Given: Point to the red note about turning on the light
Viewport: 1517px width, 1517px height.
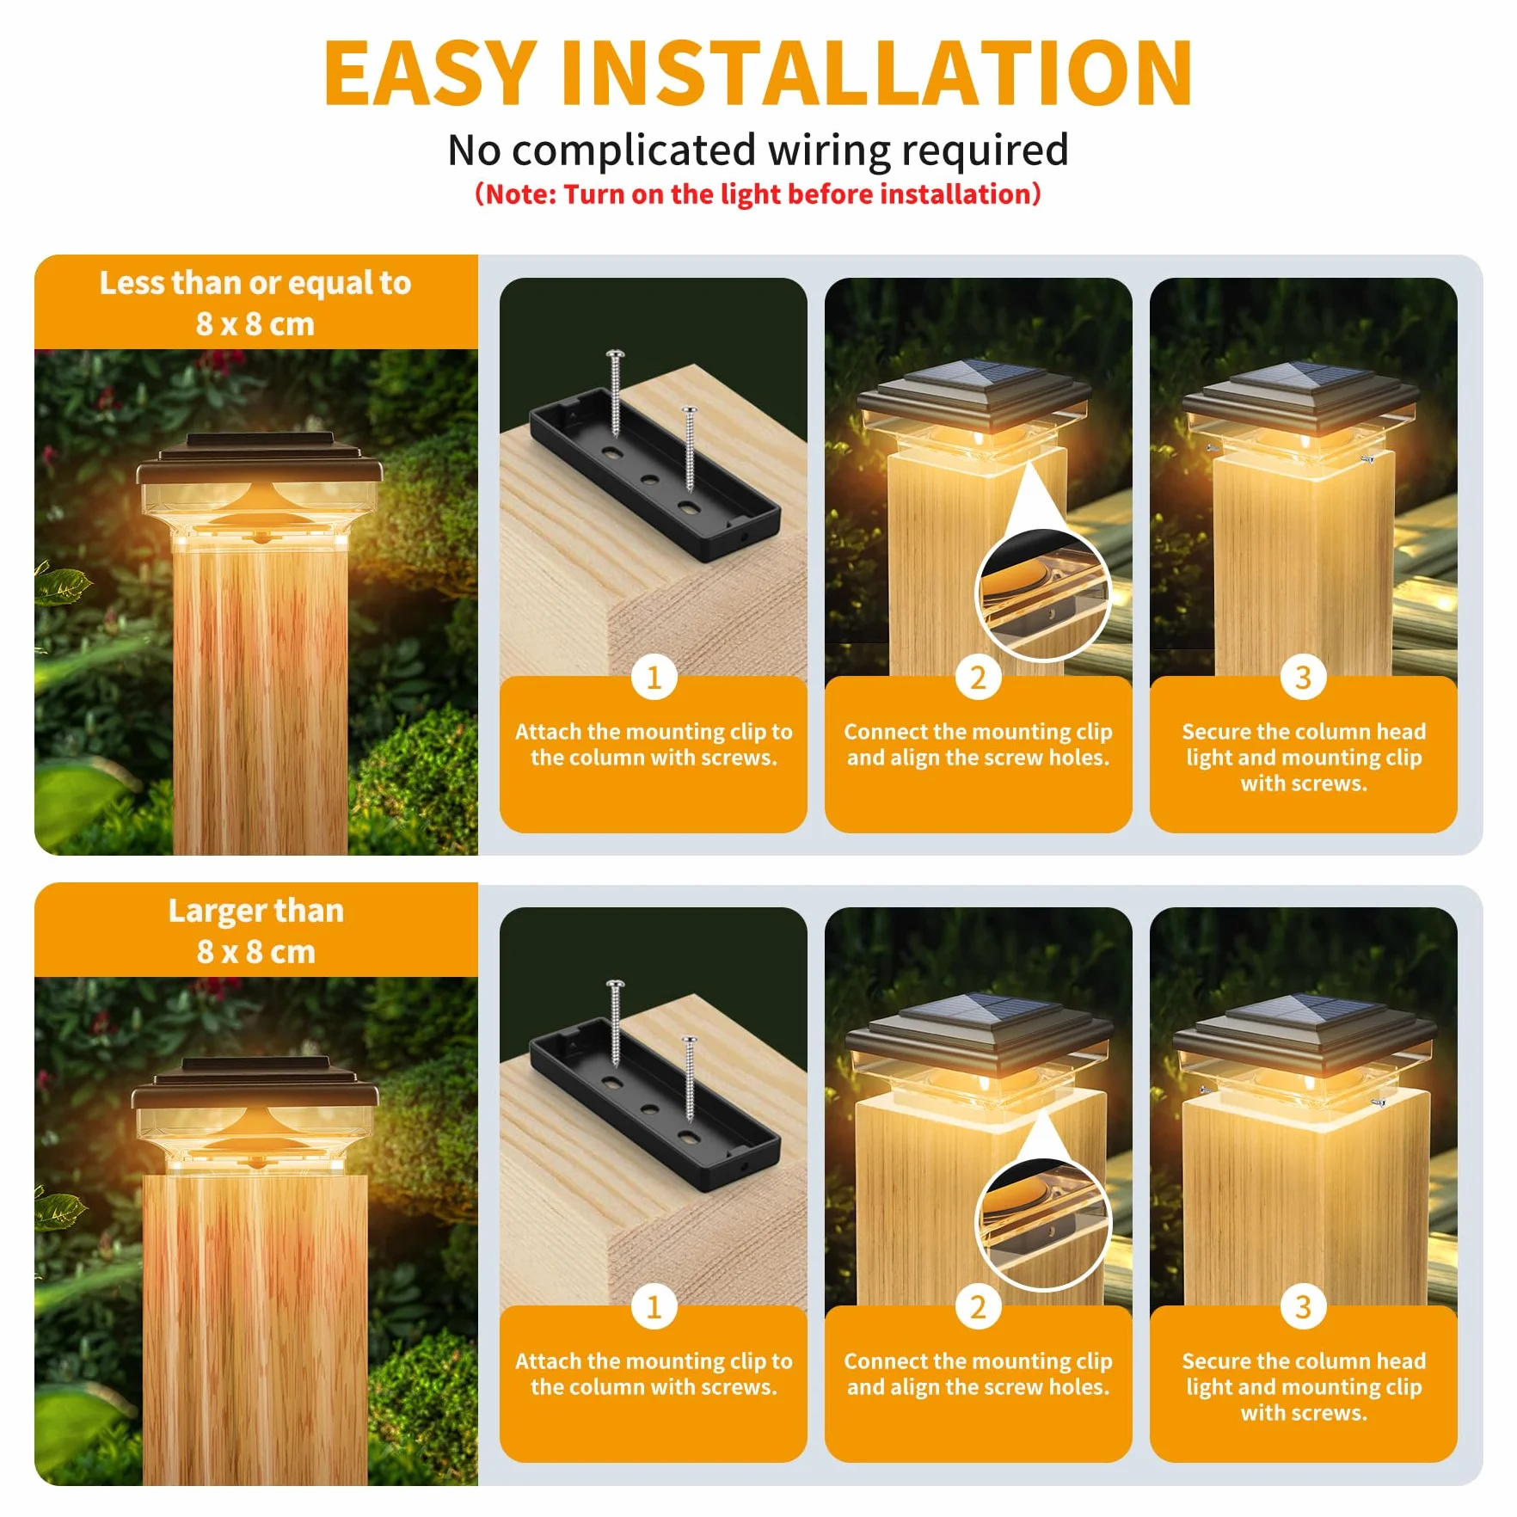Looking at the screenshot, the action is click(758, 194).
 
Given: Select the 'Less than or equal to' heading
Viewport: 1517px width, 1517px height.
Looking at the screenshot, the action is click(255, 283).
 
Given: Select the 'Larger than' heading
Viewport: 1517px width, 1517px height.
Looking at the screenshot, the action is click(255, 911).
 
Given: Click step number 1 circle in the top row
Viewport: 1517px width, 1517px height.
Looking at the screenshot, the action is click(654, 678).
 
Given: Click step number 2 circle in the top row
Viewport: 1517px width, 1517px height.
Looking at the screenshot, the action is click(978, 678).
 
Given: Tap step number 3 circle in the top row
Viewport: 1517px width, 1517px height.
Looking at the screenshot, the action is click(1303, 678).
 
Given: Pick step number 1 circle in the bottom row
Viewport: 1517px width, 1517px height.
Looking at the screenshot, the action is click(654, 1307).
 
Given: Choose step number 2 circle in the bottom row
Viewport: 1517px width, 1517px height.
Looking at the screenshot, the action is click(978, 1307).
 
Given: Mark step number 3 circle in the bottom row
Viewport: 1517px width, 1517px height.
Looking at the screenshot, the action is click(1303, 1307).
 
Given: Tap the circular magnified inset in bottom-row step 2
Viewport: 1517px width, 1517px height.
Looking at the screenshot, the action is click(1042, 1223).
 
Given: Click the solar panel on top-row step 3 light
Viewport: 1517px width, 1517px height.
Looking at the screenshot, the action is click(1304, 378).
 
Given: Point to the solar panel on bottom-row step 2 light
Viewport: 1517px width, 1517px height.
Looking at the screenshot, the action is click(977, 1008).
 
